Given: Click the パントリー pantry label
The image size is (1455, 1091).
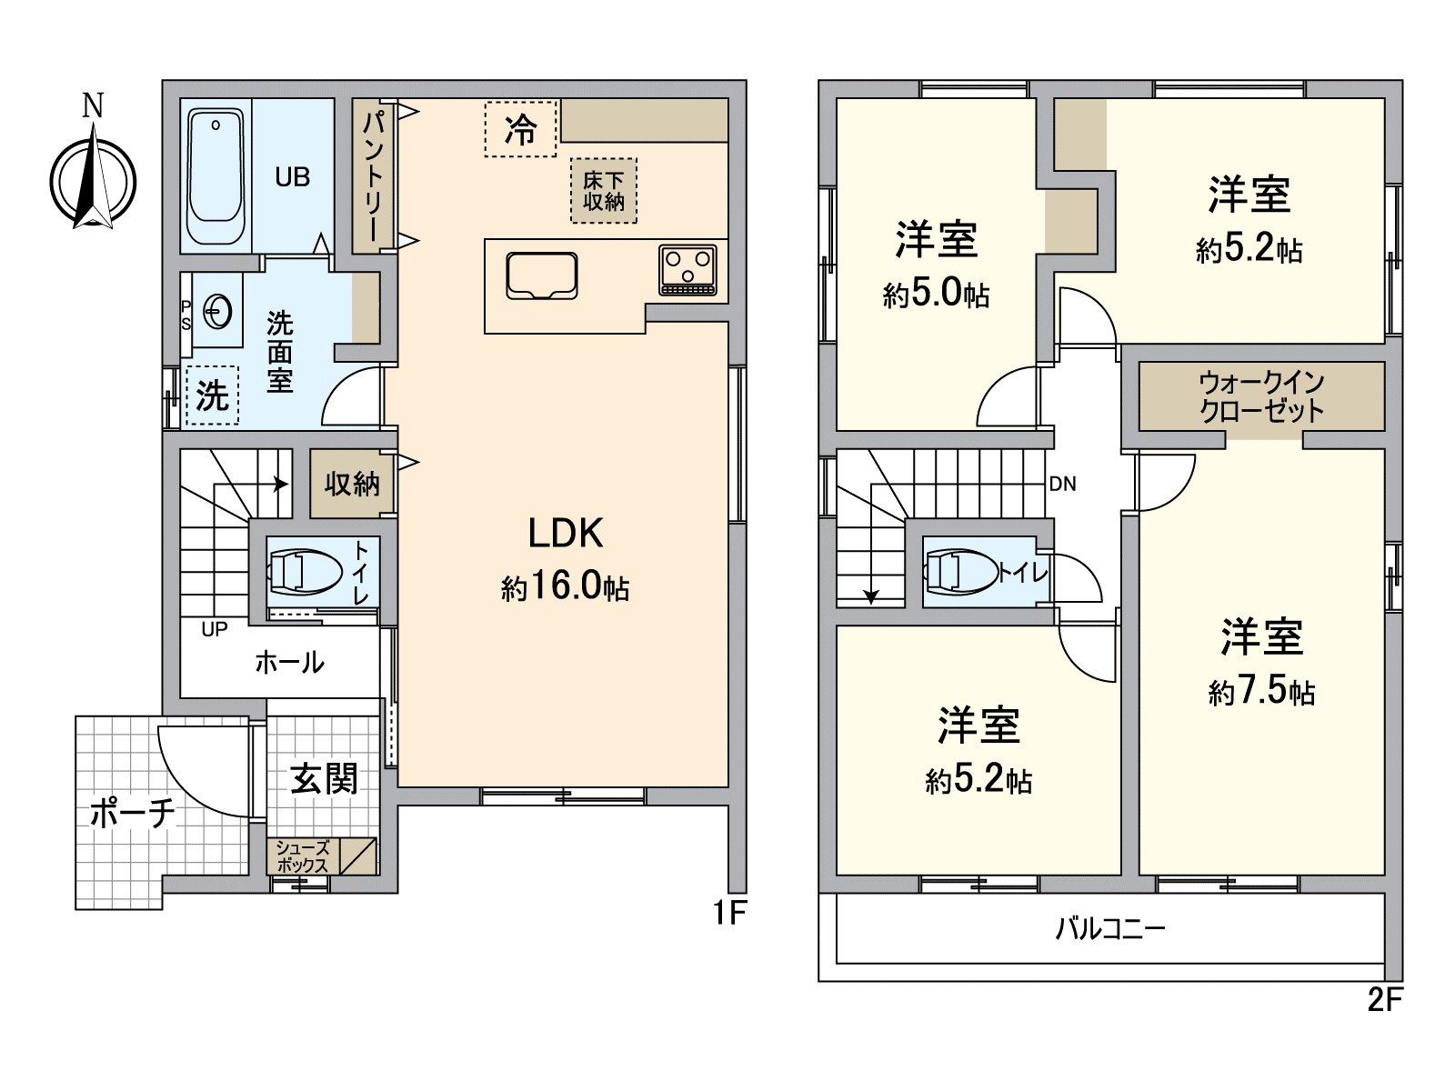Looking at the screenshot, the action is click(374, 175).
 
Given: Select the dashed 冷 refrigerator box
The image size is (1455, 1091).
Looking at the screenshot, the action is click(519, 129).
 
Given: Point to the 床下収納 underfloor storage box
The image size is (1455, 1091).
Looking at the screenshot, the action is click(604, 191).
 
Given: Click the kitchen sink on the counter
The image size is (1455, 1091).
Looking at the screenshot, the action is click(542, 275).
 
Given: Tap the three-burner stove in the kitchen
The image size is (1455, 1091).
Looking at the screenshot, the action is click(687, 270).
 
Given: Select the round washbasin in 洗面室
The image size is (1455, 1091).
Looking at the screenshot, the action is click(218, 312).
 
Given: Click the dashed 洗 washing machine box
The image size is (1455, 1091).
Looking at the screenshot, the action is click(212, 395).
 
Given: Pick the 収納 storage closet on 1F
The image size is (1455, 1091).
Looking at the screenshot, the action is click(352, 484).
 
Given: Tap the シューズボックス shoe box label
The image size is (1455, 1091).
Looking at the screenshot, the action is click(303, 856).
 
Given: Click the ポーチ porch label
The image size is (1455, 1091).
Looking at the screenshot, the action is click(133, 813).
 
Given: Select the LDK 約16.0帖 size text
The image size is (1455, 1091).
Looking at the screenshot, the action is click(565, 587).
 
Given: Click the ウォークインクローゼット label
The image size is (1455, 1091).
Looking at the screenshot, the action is click(1261, 396).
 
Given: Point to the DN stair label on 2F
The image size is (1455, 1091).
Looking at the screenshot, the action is click(1062, 485).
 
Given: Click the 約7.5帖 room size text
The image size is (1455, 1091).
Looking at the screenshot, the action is click(1261, 692).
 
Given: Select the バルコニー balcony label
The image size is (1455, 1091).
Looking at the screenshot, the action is click(1109, 928).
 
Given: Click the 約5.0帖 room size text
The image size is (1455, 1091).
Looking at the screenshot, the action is click(936, 294).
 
